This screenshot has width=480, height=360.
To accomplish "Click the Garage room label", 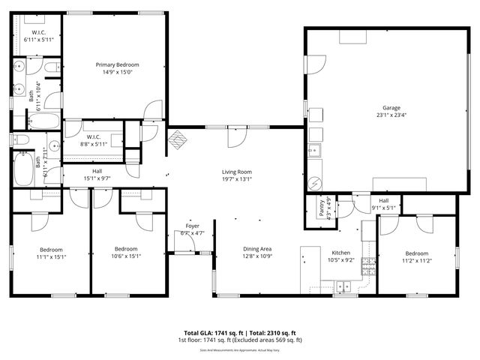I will [x=391, y=107].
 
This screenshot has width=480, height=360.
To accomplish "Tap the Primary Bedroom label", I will [x=116, y=65].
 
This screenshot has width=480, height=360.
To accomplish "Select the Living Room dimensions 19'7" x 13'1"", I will [x=236, y=179].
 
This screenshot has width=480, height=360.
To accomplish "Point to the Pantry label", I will [x=322, y=207].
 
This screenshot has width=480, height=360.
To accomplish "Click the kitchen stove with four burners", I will [x=368, y=263].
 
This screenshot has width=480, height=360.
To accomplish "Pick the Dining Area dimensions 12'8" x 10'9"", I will [x=256, y=256].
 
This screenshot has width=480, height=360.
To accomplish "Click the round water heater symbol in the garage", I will [x=316, y=181].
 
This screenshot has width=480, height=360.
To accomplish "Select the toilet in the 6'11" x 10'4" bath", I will [x=52, y=70].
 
